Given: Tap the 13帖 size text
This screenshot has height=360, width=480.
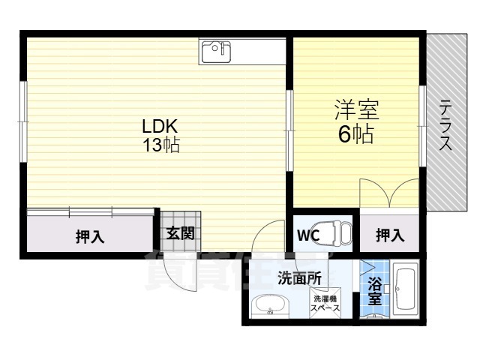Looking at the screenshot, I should point(161,145).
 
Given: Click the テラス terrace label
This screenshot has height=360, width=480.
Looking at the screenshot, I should point(445,125).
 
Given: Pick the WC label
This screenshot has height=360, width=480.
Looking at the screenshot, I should point(307,235).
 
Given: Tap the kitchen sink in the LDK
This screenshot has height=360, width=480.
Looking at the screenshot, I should point(216,50).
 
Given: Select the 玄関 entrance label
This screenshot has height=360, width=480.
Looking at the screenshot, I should point(180,234).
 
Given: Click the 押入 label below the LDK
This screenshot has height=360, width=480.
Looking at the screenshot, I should point(90,237).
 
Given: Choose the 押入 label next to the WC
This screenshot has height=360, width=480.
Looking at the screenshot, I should point(389,235).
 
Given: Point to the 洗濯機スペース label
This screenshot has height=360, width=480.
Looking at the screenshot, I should point(325,303).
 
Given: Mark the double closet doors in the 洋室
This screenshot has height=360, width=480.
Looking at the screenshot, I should point(388,194).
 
